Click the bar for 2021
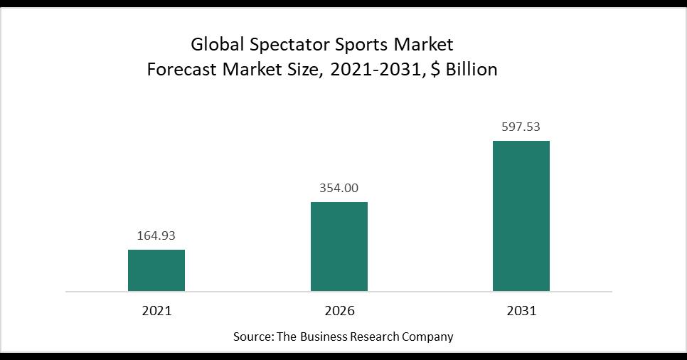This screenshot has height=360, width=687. point(156,270)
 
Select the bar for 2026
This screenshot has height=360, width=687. point(339,246)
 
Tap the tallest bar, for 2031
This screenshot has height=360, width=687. point(521,216)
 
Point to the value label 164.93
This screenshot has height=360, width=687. point(156,235)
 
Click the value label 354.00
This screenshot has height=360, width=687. point(339,188)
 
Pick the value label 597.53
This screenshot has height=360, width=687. point(521,127)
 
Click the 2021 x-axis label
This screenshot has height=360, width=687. point(156,311)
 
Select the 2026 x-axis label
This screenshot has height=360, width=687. point(339,311)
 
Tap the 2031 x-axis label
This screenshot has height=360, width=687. point(521,311)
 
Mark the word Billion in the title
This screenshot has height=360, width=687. point(469,70)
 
